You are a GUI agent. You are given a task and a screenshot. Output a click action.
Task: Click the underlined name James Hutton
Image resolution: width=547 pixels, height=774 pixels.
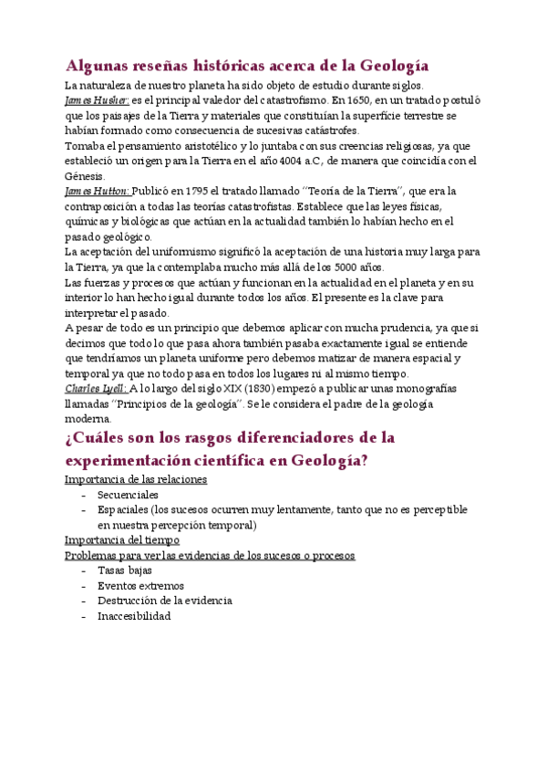(98, 191)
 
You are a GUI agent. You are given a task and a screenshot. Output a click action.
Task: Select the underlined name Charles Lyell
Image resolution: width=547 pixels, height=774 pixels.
(96, 389)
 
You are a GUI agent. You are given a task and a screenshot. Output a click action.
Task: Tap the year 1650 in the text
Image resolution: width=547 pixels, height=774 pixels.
(362, 100)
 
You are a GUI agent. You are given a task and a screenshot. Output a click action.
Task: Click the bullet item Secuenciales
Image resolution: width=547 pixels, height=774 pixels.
(128, 495)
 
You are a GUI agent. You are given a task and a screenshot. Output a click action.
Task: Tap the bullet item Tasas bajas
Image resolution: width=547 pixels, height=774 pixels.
(124, 570)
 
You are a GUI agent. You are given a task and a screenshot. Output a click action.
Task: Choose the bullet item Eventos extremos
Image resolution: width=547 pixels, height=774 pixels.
(140, 586)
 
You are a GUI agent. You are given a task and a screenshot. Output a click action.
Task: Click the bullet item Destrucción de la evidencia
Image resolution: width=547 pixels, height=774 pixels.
(164, 601)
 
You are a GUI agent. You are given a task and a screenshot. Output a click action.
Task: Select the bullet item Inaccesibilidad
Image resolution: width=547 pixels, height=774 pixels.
(134, 616)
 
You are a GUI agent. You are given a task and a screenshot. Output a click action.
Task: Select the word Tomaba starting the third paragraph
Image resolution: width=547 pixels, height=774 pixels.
(87, 145)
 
